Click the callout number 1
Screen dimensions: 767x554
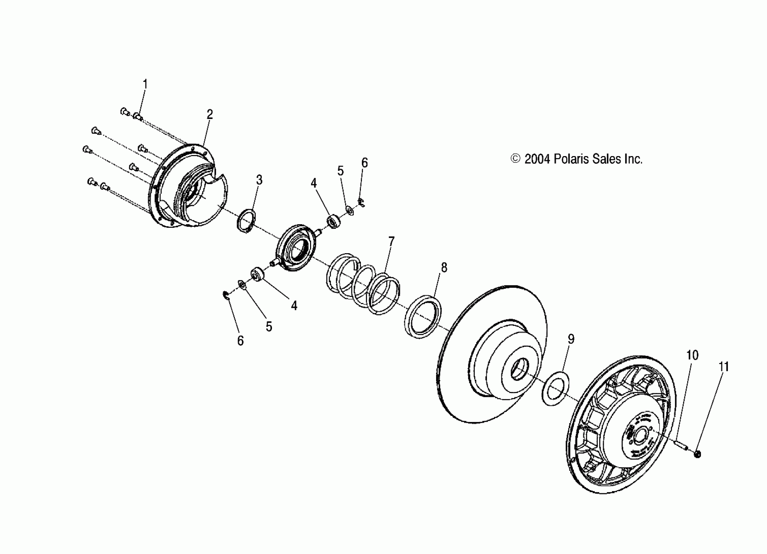point(145,84)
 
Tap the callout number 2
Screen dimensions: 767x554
point(210,114)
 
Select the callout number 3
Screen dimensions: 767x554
point(259,180)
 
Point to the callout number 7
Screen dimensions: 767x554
point(391,241)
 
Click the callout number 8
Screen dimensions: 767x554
point(444,268)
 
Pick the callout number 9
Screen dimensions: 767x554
point(571,339)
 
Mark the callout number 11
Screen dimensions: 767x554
point(724,367)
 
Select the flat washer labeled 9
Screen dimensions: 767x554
point(556,388)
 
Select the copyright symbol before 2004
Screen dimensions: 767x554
point(515,159)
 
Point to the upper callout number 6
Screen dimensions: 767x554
point(364,163)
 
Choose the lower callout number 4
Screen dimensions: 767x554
point(294,306)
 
